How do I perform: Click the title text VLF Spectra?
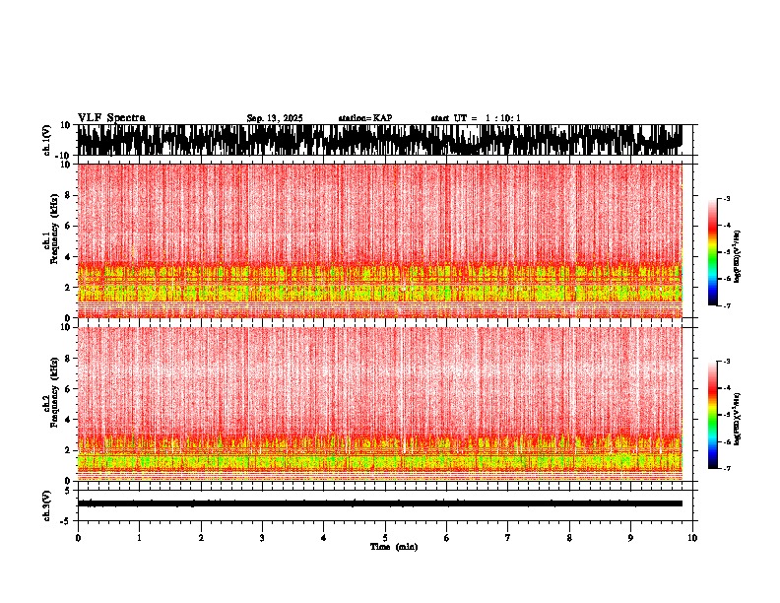click(111, 118)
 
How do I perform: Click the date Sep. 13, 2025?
click(275, 118)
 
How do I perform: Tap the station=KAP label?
click(364, 118)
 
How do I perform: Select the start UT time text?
click(476, 118)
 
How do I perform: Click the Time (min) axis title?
click(393, 547)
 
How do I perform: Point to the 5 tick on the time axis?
click(385, 538)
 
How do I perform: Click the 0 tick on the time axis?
click(78, 538)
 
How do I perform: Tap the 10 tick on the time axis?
click(692, 538)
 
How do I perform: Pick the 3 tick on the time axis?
click(262, 538)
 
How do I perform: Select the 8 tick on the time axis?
click(569, 538)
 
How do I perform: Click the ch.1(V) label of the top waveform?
click(46, 140)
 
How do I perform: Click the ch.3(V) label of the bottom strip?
click(46, 503)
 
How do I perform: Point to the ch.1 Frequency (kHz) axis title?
click(50, 240)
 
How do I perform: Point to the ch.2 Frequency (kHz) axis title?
click(50, 403)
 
